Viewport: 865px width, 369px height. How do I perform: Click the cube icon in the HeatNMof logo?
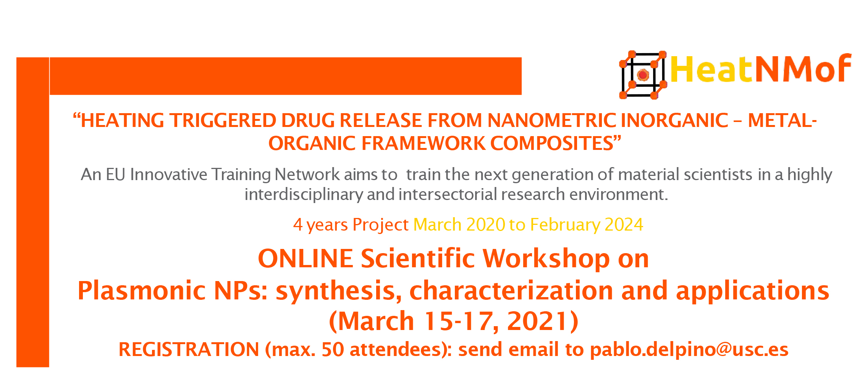[x=643, y=75]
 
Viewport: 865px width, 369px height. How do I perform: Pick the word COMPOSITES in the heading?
[x=552, y=143]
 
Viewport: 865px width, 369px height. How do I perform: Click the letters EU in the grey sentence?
[x=115, y=174]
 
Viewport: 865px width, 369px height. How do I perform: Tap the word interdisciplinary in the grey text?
[x=304, y=195]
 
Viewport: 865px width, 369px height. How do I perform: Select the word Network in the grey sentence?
[x=307, y=174]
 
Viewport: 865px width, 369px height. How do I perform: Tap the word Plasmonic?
[x=142, y=291]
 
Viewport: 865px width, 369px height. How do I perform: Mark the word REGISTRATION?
[x=189, y=349]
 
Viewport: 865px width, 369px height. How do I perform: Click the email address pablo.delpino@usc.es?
[x=689, y=350]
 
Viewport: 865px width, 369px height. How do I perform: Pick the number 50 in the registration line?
[x=333, y=349]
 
